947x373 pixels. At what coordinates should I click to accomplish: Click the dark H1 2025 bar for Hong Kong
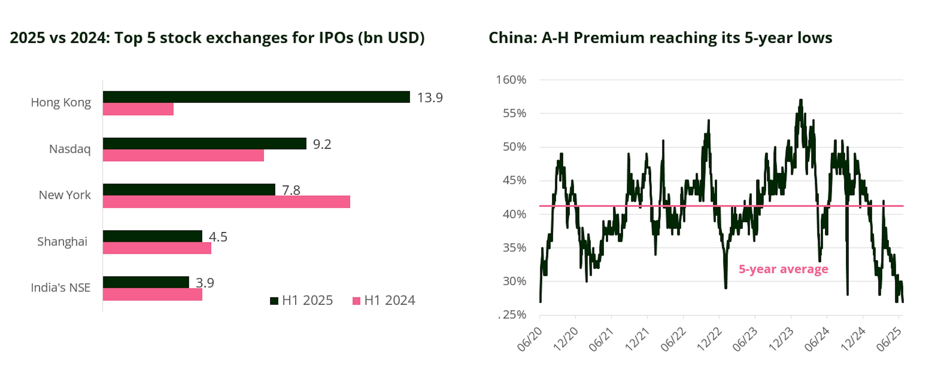point(256,97)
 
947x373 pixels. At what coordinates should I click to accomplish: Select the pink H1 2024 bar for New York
point(226,202)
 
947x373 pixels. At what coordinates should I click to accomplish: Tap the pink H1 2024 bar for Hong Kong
point(138,109)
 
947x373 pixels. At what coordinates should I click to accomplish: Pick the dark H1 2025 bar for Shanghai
point(152,236)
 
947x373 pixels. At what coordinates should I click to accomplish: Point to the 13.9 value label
point(430,98)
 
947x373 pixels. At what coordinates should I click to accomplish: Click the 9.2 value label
point(322,144)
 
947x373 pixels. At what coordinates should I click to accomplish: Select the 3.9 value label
point(205,283)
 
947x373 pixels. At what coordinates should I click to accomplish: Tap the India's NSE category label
point(61,288)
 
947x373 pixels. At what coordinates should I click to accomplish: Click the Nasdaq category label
point(70,149)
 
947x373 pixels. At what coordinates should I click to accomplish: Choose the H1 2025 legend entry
point(301,300)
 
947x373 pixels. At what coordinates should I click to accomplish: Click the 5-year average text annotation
point(783,269)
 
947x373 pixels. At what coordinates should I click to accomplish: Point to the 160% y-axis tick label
point(511,80)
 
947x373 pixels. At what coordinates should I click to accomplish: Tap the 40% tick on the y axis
point(514,214)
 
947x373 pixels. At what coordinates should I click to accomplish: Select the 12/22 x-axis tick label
point(710,339)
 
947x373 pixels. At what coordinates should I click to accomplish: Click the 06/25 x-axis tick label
point(889,339)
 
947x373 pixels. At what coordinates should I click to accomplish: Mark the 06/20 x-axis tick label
point(530,339)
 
